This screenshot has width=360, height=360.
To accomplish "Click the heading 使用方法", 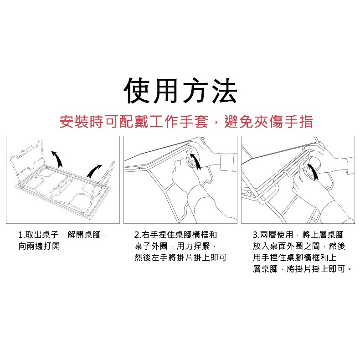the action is click(x=180, y=91).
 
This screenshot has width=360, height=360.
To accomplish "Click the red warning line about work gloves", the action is click(x=186, y=122).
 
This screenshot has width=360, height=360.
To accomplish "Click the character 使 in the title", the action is click(x=138, y=91).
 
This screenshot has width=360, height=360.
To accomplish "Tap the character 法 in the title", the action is click(x=223, y=91).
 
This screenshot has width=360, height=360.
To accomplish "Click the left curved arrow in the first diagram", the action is click(x=58, y=159).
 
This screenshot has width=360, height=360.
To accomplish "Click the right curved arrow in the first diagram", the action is click(x=93, y=171).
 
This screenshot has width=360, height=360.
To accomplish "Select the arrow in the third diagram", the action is click(x=314, y=172).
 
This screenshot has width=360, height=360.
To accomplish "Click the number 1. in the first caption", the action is click(x=21, y=235).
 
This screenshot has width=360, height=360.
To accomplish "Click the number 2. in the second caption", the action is click(x=138, y=235).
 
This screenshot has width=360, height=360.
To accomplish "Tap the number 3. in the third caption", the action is click(x=257, y=235).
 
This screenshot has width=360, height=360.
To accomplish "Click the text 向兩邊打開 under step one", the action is click(x=39, y=246).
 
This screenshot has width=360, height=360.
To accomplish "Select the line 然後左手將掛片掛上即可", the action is click(x=180, y=257).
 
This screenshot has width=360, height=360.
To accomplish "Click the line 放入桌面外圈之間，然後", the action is click(x=299, y=246).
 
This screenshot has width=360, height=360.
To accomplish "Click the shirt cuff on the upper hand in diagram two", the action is click(x=228, y=162).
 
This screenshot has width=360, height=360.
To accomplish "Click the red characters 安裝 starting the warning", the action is click(x=74, y=122).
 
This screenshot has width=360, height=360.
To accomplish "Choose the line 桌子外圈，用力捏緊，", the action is click(x=175, y=246).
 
